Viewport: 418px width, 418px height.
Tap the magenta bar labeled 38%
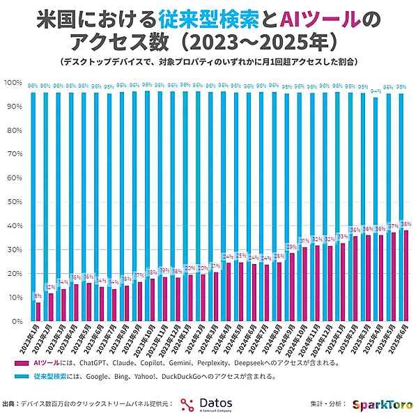point(406,276)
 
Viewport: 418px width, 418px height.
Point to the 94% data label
point(376,91)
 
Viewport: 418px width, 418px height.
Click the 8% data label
point(38,296)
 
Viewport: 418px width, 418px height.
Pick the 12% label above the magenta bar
point(50,287)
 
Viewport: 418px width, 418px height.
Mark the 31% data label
point(304,241)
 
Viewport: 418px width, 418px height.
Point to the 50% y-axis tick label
point(14,202)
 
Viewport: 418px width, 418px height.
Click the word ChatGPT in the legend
point(95,363)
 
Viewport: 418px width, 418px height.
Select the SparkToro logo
point(380,404)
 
